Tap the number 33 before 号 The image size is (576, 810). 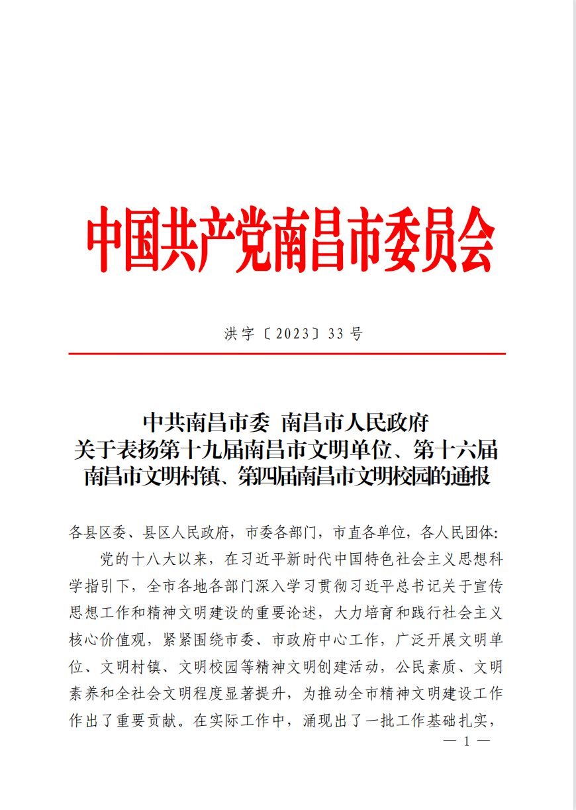click(336, 334)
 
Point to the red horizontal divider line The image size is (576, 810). click(287, 354)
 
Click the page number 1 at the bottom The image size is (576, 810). click(467, 742)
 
